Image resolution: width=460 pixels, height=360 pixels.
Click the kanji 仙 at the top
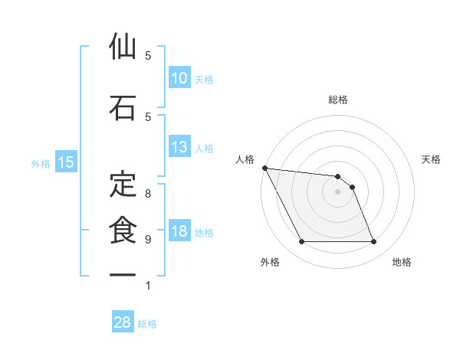(123, 47)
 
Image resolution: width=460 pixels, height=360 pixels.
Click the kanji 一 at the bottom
(123, 273)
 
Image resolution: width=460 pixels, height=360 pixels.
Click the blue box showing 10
(179, 78)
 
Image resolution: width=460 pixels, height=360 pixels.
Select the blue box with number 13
(179, 148)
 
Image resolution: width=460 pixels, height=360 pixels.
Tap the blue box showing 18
(179, 232)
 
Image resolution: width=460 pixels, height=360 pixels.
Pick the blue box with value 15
(66, 162)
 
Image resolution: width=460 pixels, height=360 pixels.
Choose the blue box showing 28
(123, 322)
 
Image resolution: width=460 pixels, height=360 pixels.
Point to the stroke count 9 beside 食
(148, 240)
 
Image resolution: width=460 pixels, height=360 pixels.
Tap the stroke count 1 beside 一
(148, 286)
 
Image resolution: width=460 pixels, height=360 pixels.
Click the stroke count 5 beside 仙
(148, 56)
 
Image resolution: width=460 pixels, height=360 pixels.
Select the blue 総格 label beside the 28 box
(147, 324)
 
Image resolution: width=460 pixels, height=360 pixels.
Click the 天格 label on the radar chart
(432, 159)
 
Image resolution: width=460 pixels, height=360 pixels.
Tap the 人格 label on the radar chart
(245, 159)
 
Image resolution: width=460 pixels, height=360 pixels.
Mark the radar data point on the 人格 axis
(264, 168)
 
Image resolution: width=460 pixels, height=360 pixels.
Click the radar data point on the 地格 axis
(374, 242)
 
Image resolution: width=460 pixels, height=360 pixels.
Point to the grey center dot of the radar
(337, 191)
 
